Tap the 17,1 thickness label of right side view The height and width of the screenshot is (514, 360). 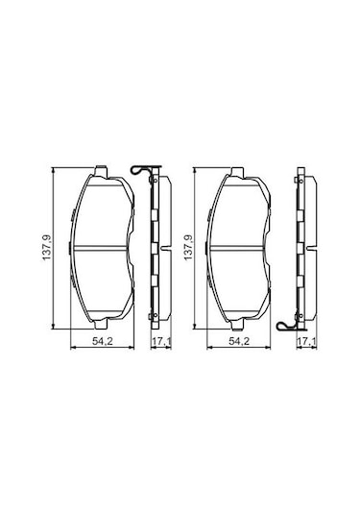click(303, 343)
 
